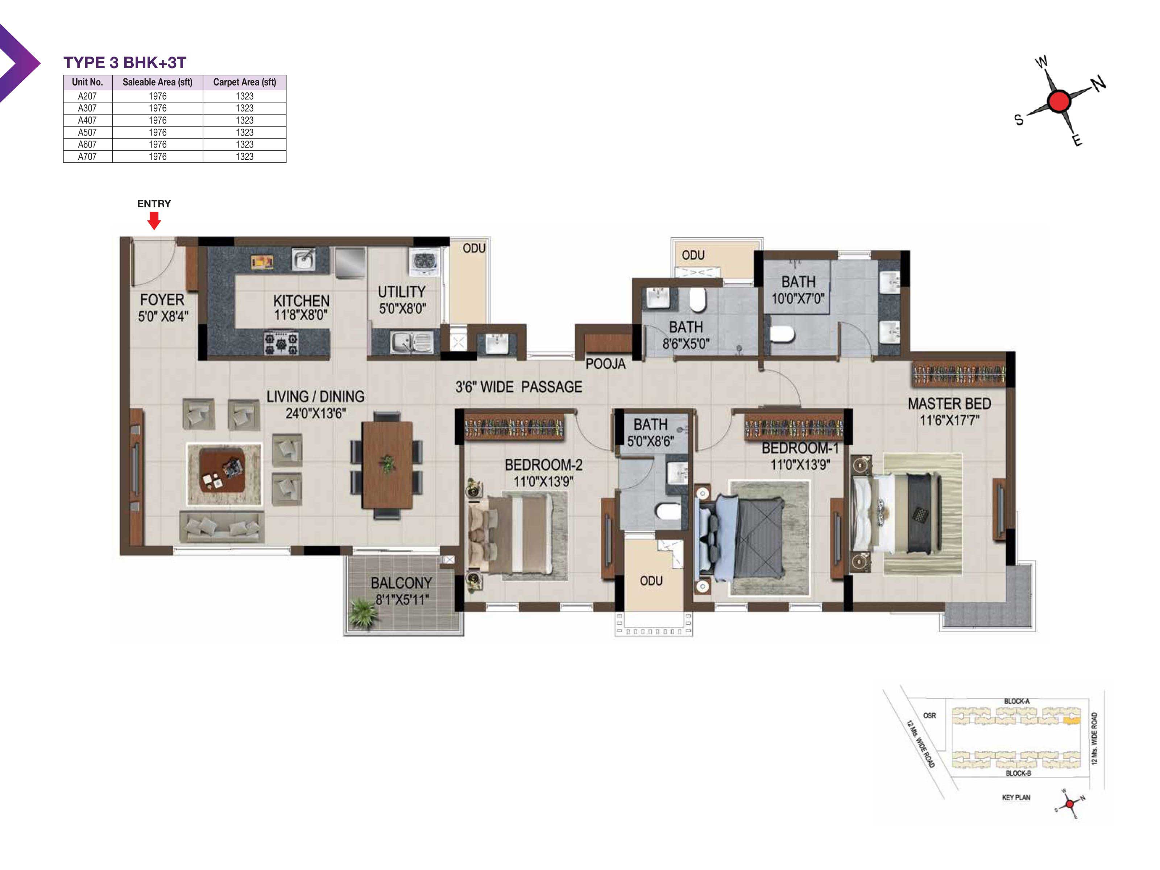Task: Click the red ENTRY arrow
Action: click(x=154, y=221)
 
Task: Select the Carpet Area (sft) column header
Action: click(x=244, y=82)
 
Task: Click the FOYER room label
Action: click(x=162, y=299)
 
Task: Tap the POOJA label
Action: click(x=605, y=364)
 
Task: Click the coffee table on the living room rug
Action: click(x=222, y=469)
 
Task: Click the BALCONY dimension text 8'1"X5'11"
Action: click(x=402, y=600)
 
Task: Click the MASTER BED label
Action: click(x=949, y=404)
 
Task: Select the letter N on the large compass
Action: click(x=1099, y=83)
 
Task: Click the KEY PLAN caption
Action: click(x=1016, y=797)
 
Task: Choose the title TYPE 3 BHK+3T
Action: click(x=125, y=62)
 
